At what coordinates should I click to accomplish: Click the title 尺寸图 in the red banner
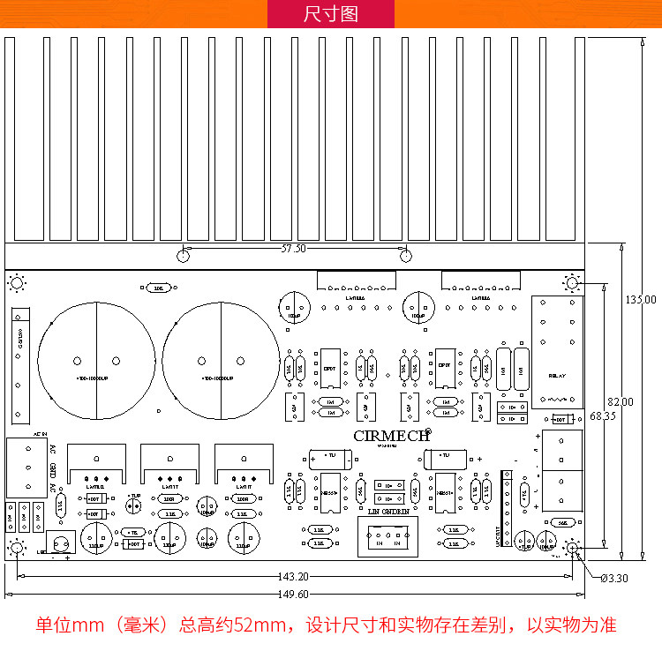(x=330, y=14)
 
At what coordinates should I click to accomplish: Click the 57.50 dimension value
(x=293, y=249)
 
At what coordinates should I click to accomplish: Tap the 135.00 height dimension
(x=642, y=299)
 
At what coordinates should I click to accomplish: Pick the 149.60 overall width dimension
(x=293, y=594)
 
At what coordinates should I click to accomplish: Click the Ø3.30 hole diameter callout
(x=613, y=579)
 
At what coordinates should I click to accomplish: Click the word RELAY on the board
(x=558, y=377)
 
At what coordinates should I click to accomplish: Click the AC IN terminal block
(x=27, y=468)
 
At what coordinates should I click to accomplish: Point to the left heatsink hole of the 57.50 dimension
(x=183, y=257)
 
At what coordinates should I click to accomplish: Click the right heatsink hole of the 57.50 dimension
(x=405, y=257)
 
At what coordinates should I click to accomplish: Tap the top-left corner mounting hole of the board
(x=16, y=283)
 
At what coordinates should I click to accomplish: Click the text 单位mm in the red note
(x=70, y=625)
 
